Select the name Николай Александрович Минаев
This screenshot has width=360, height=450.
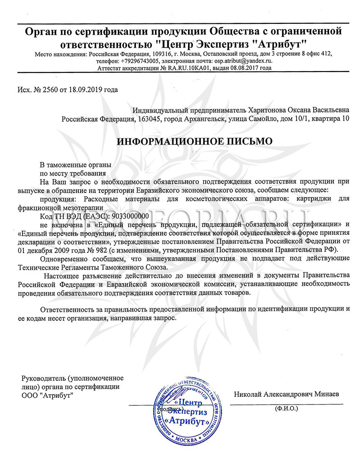287,394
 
